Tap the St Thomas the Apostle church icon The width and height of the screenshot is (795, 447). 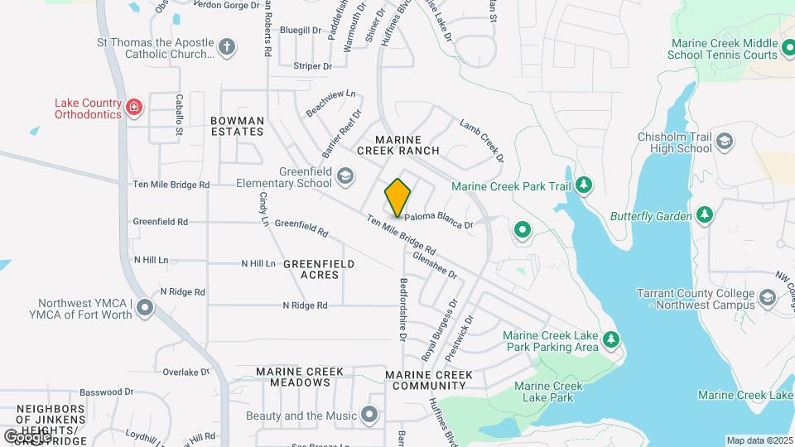(x=228, y=46)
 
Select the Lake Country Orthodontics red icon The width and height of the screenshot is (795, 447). (x=133, y=107)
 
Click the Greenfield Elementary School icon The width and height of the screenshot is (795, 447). (x=344, y=175)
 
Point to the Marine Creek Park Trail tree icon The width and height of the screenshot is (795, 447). (x=584, y=185)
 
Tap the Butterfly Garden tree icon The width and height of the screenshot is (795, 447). (x=704, y=215)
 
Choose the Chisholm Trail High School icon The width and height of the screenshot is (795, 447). (x=725, y=142)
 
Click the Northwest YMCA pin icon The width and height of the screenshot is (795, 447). (x=146, y=309)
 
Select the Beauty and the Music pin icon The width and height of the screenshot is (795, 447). (x=369, y=414)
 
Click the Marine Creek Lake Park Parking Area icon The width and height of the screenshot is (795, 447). (x=610, y=340)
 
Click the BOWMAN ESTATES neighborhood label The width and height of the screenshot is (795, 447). (x=238, y=126)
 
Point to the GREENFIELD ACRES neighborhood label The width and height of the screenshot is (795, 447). (x=319, y=269)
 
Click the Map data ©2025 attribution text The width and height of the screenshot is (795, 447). (x=759, y=440)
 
